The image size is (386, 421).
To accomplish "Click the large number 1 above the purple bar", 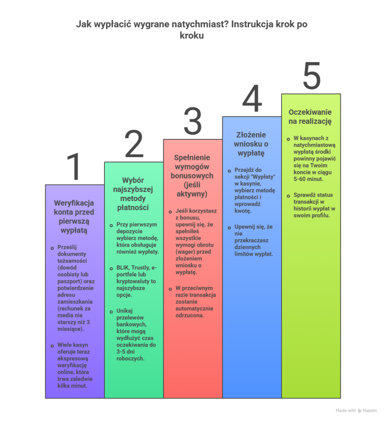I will click(74, 166).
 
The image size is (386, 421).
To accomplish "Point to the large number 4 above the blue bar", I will click(252, 99).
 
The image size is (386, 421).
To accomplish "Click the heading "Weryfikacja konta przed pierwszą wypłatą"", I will click(74, 217).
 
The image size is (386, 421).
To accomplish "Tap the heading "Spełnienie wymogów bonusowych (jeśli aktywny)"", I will click(192, 176).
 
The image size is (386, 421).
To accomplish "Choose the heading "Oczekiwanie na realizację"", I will click(310, 117).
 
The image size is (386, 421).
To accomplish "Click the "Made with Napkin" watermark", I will click(356, 410).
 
